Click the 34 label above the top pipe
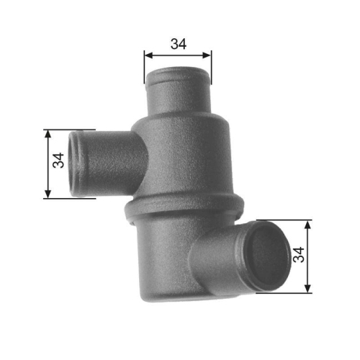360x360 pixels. (178, 43)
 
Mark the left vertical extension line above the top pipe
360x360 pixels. (144, 65)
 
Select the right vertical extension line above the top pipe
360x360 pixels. (212, 65)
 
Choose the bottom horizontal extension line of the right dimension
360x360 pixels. (288, 293)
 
